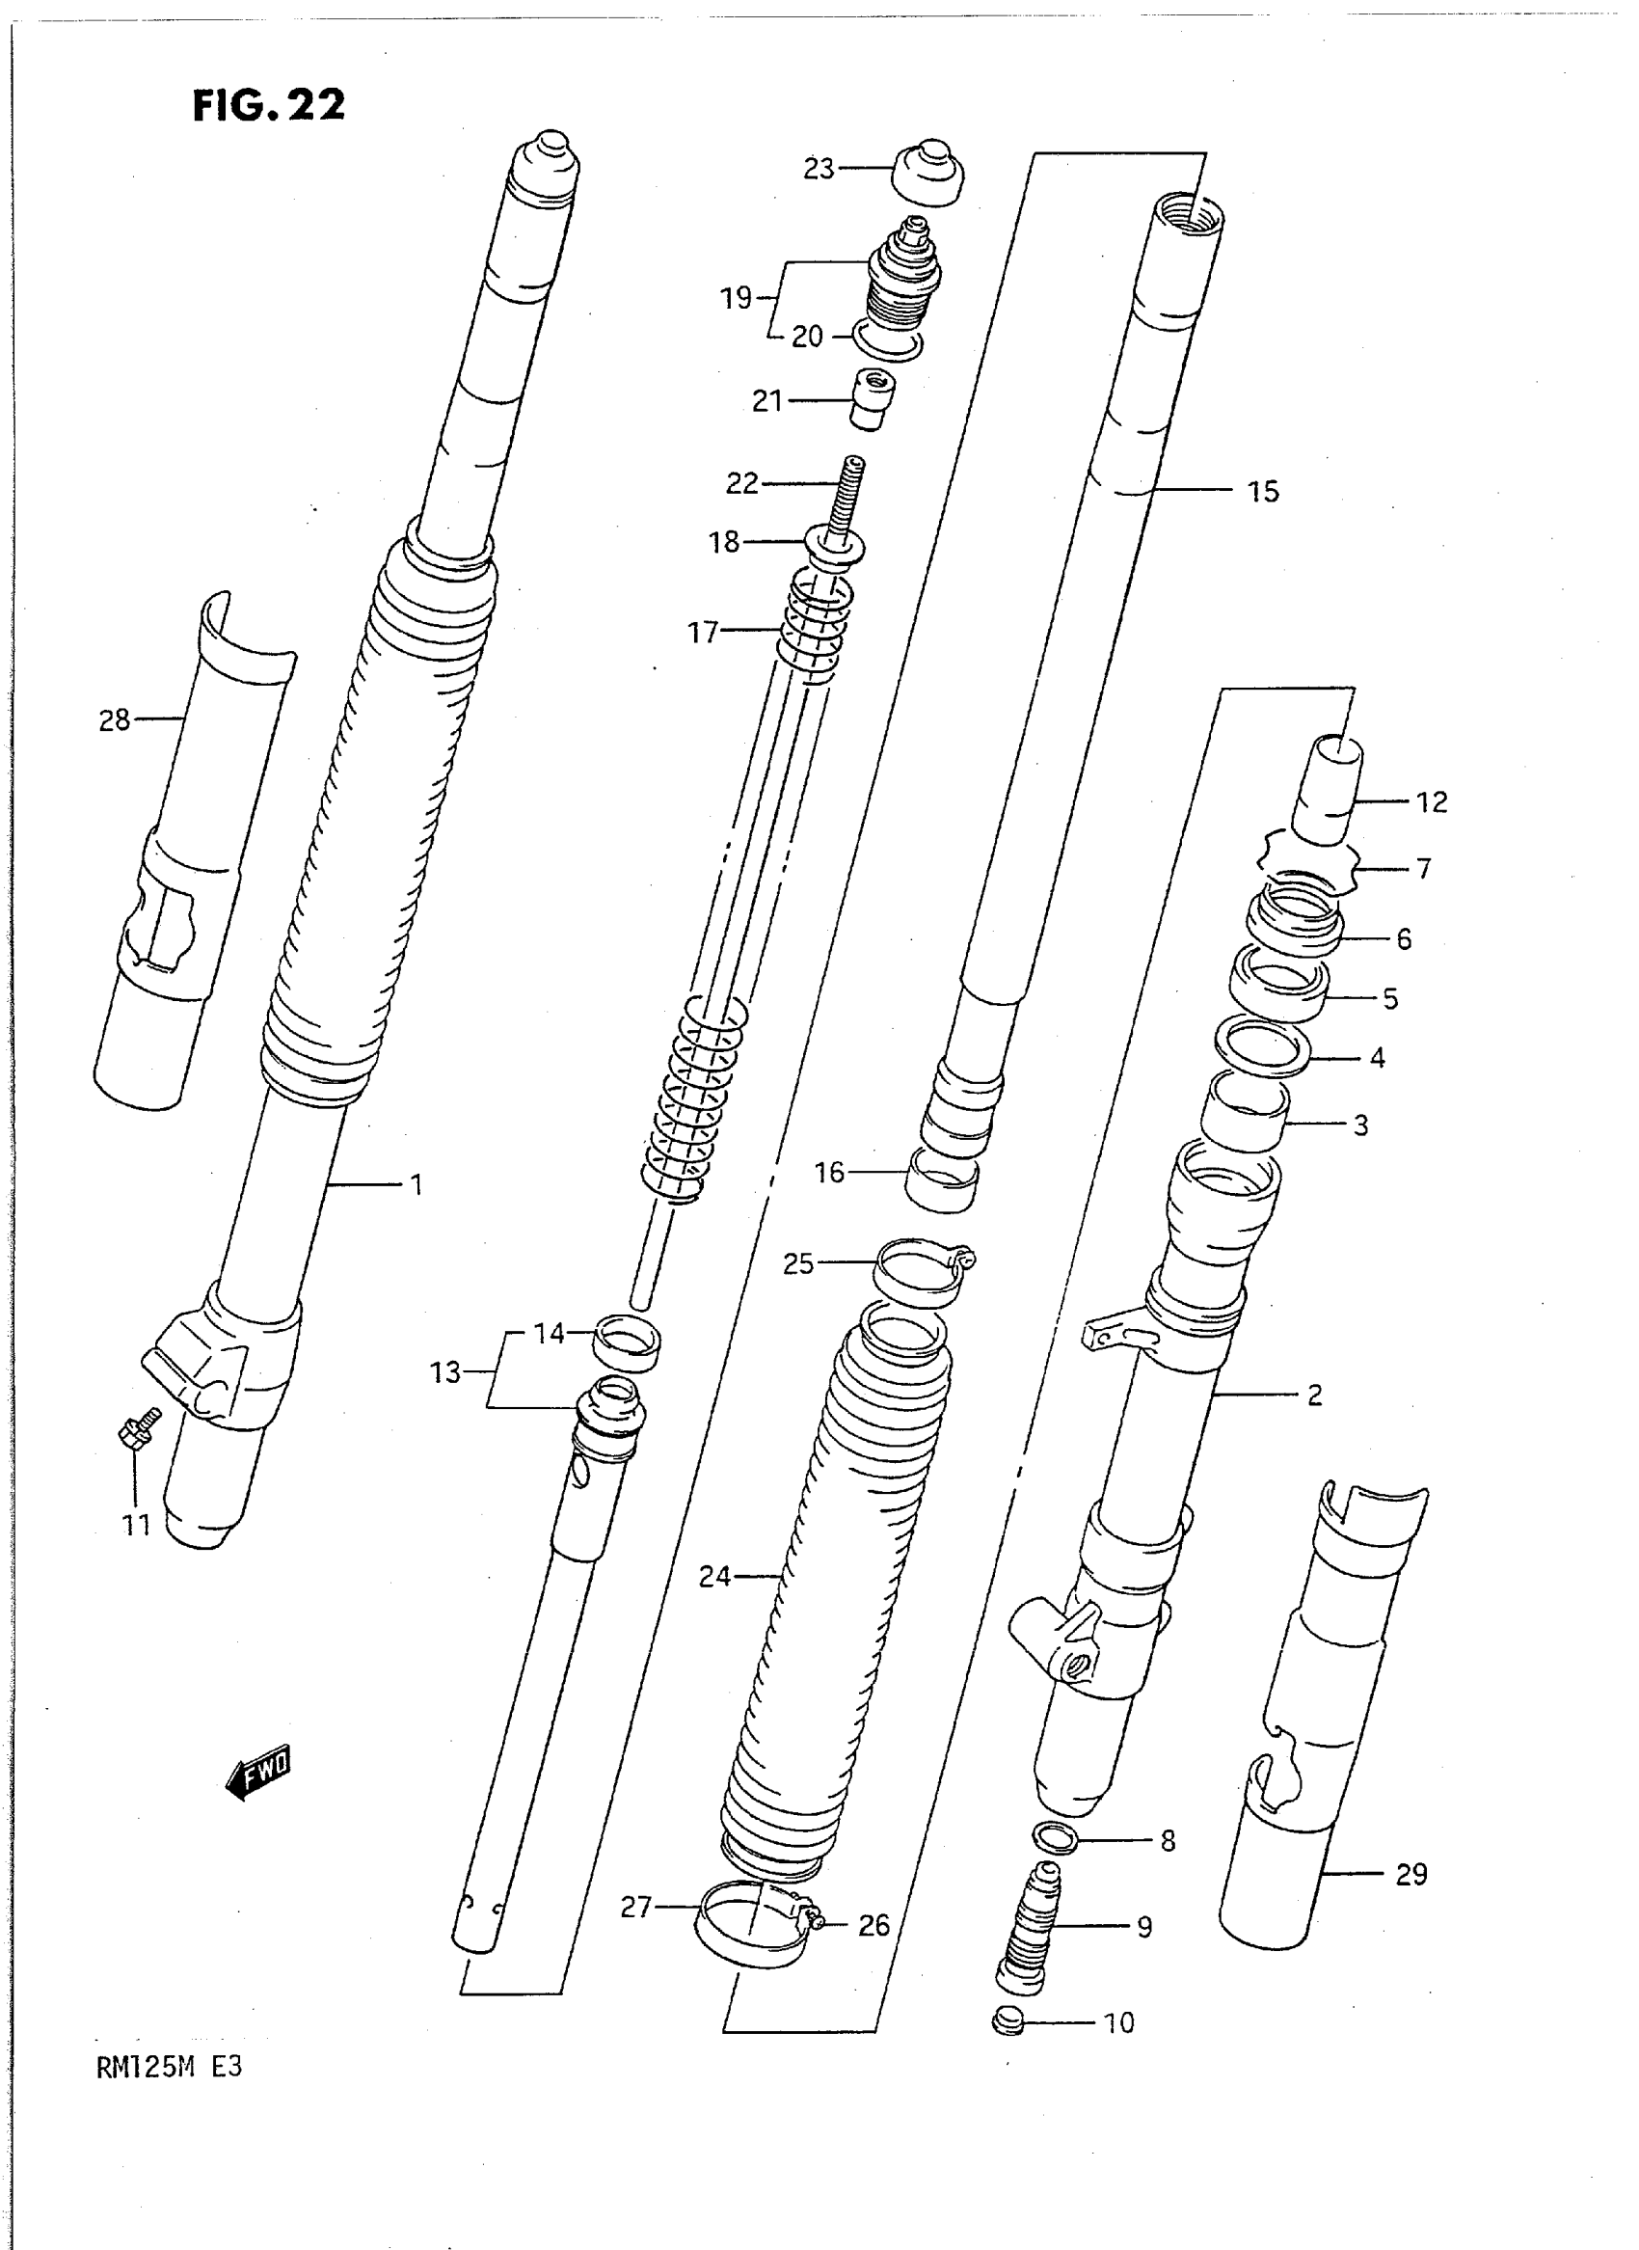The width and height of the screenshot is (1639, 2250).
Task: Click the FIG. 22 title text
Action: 269,105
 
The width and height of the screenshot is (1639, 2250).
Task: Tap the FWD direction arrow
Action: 259,1771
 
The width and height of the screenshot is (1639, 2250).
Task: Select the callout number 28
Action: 114,719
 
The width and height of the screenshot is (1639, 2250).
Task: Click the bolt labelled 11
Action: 137,1430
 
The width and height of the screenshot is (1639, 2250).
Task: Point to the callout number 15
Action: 1263,491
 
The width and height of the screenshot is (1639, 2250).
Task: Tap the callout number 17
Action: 703,632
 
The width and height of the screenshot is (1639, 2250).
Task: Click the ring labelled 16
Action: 942,1179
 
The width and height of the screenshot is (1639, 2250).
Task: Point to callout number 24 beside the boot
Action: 714,1575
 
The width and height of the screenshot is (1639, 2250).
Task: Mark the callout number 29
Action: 1411,1875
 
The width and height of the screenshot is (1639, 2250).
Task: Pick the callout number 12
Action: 1432,802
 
